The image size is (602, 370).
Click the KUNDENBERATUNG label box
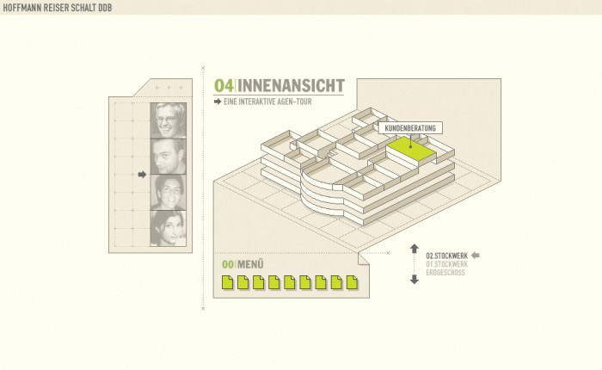tap(409, 128)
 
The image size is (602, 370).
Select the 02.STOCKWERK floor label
tap(446, 256)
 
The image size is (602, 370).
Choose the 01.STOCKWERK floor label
tap(446, 264)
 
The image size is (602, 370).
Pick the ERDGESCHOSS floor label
tap(445, 273)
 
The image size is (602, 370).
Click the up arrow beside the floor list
tap(414, 249)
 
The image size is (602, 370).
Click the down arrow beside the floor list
tap(414, 279)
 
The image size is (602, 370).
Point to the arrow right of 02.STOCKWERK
tap(476, 256)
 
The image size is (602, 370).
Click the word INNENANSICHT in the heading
tap(291, 85)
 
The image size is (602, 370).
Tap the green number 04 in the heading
tap(224, 85)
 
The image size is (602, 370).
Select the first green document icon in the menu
tap(228, 281)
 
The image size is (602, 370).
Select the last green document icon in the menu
tap(352, 281)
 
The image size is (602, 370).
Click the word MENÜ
tap(250, 264)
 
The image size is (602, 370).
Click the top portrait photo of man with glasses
tap(169, 120)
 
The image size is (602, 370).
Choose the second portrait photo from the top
tap(169, 157)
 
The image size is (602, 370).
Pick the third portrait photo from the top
tap(169, 193)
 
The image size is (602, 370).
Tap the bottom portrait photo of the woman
tap(169, 228)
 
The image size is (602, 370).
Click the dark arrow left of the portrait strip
tap(142, 175)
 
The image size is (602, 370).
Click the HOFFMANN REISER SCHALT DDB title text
tap(57, 8)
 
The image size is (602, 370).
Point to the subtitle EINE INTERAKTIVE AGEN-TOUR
tap(267, 102)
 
